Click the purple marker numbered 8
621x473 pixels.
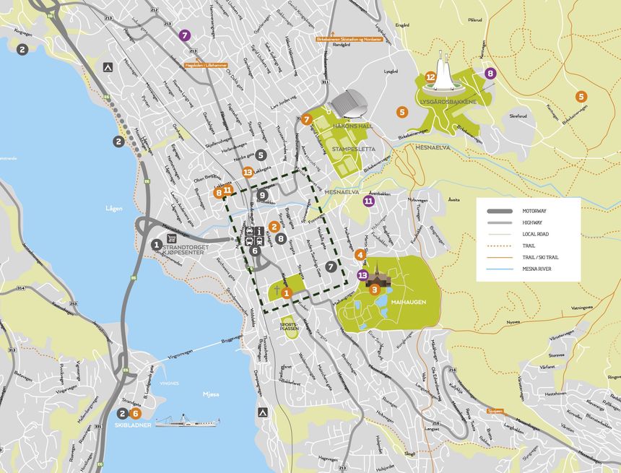(491, 73)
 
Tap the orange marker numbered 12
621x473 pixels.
(430, 77)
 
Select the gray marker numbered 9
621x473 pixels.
(262, 195)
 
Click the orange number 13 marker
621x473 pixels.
(248, 172)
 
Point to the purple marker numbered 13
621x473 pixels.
(362, 275)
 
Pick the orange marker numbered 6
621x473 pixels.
(136, 414)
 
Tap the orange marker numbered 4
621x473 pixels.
(360, 254)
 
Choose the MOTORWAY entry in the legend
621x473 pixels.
(533, 211)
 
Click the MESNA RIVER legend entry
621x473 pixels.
(537, 269)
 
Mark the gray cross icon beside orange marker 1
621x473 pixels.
(276, 290)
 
